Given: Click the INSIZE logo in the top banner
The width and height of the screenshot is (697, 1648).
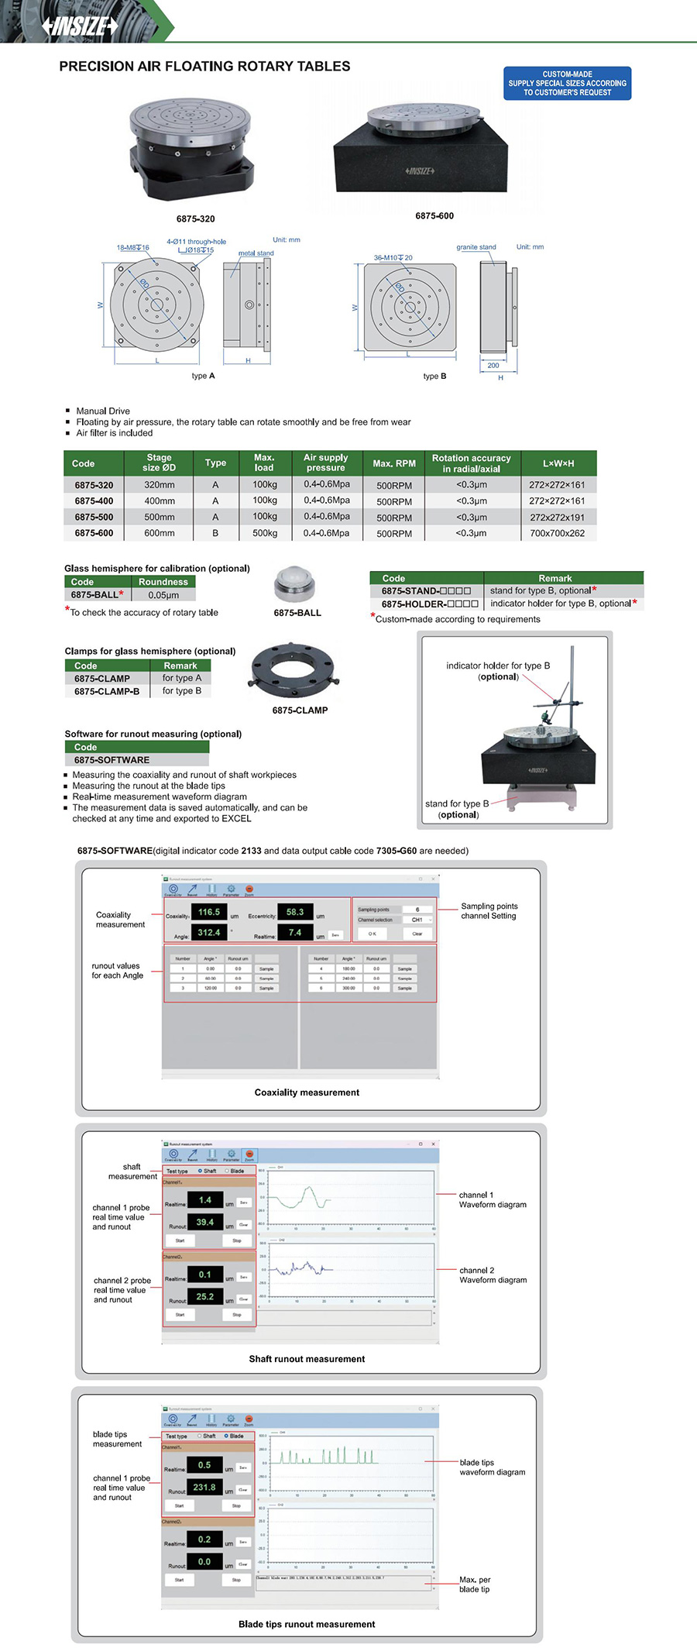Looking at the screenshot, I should [x=80, y=26].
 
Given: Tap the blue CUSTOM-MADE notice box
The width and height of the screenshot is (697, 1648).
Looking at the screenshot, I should [x=567, y=84].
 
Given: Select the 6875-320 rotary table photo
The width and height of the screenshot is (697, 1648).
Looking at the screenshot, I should [x=191, y=153].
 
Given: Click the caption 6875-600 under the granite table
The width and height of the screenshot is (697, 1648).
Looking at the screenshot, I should [x=434, y=216].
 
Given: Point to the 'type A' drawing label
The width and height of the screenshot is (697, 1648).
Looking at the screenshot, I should [x=203, y=376].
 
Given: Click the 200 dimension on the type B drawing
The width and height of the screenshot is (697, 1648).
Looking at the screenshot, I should [x=493, y=366].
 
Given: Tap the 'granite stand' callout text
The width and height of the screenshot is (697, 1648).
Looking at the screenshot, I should [x=476, y=247].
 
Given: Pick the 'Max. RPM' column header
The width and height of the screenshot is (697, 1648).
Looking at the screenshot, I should [x=394, y=463].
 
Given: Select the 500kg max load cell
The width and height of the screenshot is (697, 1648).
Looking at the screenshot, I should [x=265, y=533].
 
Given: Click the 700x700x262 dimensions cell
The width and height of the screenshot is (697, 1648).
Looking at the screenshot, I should [x=558, y=533].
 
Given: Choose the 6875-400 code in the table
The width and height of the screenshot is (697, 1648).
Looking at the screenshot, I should [x=94, y=501].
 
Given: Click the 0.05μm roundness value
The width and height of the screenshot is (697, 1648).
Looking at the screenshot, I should [x=163, y=595].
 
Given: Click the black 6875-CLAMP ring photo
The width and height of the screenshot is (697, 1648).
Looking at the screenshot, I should [x=291, y=671].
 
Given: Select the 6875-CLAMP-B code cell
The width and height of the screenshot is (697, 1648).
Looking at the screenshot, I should [x=107, y=691].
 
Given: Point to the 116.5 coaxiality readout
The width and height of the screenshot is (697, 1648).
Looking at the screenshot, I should [x=209, y=912].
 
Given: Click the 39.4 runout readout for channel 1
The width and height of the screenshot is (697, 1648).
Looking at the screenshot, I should [x=205, y=1222].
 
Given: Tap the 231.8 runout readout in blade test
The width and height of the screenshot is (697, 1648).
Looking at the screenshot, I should [x=204, y=1487].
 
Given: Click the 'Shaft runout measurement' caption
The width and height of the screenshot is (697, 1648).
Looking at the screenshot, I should [x=307, y=1359].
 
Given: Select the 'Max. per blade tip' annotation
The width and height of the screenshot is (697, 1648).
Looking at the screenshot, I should [x=474, y=1584].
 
